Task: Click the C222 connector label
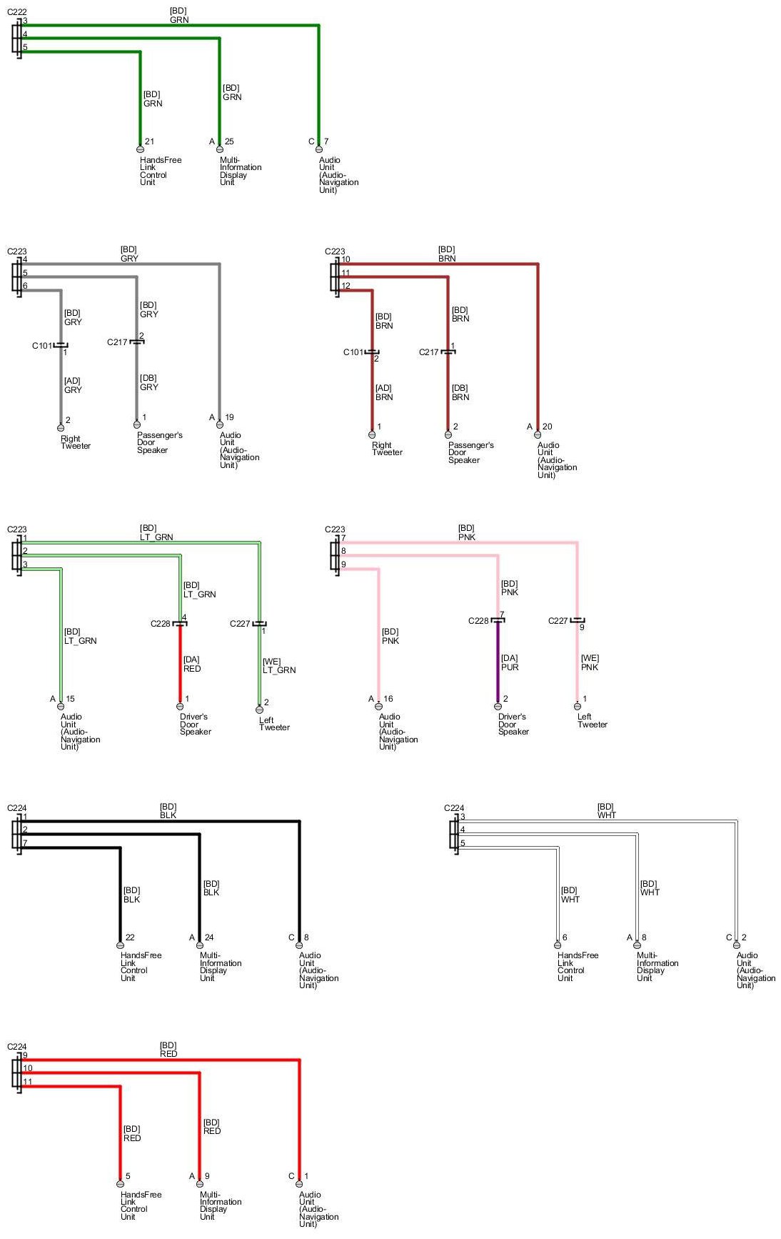(17, 12)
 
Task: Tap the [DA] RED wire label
(191, 665)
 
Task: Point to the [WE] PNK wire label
(589, 663)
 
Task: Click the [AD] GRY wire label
(73, 386)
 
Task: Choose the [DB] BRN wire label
(460, 393)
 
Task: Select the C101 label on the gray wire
(41, 346)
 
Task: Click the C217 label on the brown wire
(428, 352)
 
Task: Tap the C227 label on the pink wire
(558, 621)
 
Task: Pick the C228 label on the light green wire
(160, 624)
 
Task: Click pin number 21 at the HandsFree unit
(149, 141)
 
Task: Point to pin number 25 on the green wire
(229, 141)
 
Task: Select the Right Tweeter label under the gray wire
(75, 442)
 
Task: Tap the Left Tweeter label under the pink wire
(592, 720)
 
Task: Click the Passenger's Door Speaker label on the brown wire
(470, 452)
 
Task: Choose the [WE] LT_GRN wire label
(278, 666)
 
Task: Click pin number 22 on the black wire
(130, 937)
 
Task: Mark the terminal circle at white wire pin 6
(557, 945)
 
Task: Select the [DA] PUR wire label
(510, 663)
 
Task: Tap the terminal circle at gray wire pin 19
(219, 424)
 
